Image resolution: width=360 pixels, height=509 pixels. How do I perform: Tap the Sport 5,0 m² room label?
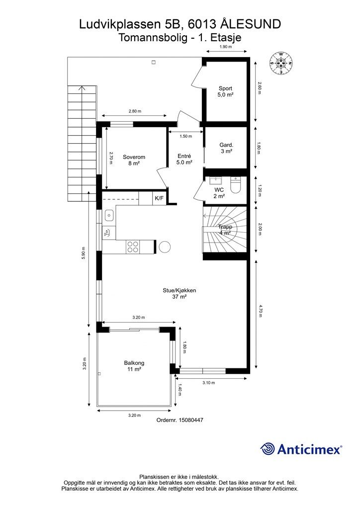[x=225, y=91]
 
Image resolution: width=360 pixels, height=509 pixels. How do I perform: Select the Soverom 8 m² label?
[x=134, y=160]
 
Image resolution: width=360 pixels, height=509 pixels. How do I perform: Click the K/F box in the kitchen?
[x=159, y=198]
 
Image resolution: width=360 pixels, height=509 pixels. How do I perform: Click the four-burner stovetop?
[x=133, y=247]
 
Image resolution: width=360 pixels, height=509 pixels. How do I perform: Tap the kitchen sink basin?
[x=109, y=215]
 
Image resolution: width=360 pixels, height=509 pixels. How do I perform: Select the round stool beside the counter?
[x=164, y=247]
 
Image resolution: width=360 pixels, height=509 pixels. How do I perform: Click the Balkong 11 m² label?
[x=134, y=366]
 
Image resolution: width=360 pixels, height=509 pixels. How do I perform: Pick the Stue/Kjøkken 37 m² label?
[x=179, y=293]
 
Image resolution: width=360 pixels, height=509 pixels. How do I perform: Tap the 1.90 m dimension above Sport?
[x=226, y=47]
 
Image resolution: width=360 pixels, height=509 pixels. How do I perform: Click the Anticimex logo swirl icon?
[x=267, y=449]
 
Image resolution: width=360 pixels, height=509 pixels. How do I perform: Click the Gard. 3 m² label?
[x=226, y=148]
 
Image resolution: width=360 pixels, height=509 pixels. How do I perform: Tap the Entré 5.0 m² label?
[x=184, y=159]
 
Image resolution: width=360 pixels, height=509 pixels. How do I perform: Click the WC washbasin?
[x=215, y=180]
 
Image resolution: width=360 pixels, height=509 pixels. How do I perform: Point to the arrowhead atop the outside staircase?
[x=82, y=87]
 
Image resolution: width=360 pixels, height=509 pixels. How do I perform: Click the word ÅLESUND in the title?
[x=251, y=24]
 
